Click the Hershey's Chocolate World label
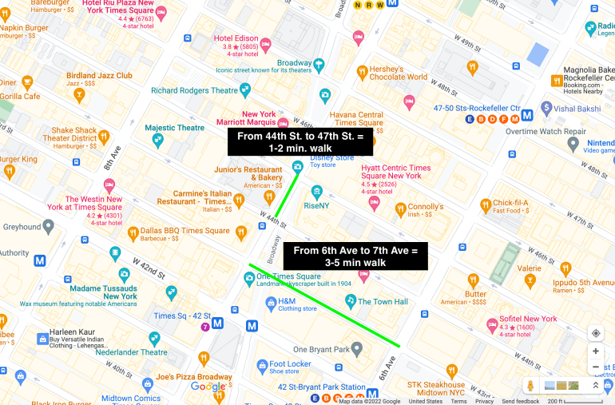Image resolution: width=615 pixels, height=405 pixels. coord(398,72)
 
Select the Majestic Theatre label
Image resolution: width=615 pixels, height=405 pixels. coord(174,128)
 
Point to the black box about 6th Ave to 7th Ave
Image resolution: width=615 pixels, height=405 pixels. coord(355,256)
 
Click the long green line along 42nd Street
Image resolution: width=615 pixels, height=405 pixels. coord(323,304)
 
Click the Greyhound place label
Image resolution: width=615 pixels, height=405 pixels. coord(22,227)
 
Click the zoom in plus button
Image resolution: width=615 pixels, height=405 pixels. coord(596,351)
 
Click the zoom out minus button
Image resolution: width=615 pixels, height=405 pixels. coord(596,367)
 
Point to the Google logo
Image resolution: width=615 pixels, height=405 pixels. coord(208,387)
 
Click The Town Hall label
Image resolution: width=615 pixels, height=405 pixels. coord(382,301)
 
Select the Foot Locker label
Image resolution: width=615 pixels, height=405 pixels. coord(289,364)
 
